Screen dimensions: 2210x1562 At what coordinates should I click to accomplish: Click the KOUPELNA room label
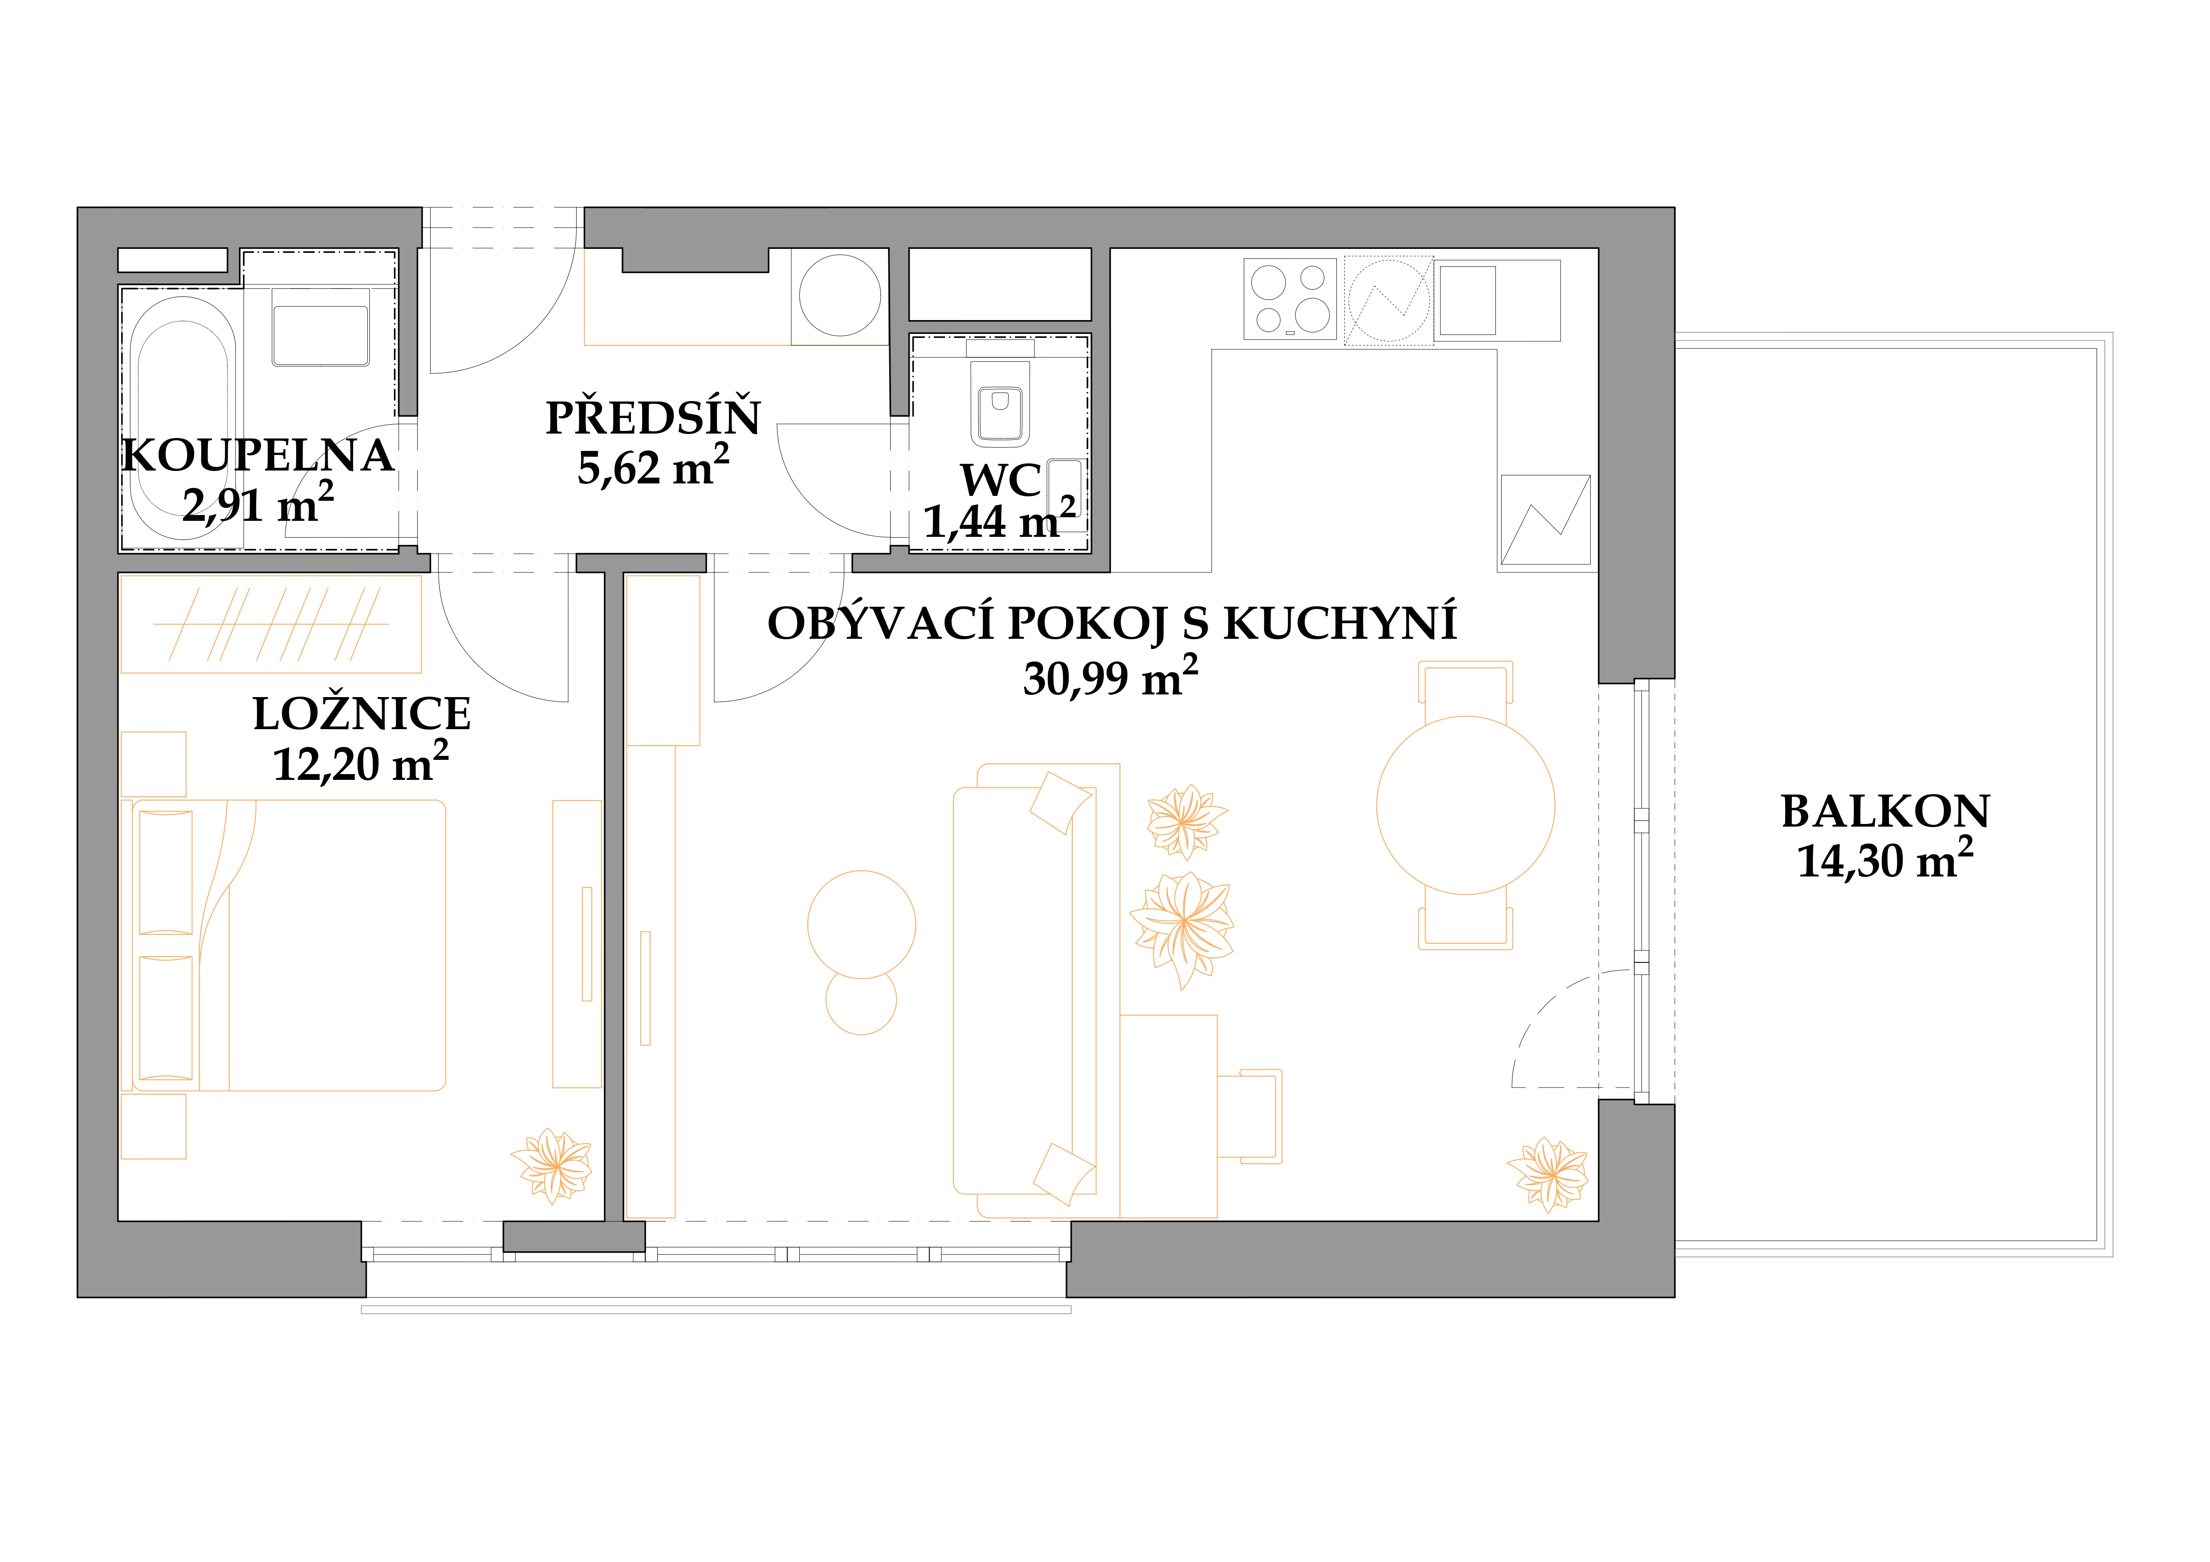(258, 455)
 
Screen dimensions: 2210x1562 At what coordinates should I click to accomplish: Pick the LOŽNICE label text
(362, 713)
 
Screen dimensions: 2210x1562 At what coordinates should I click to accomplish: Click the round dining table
(1465, 806)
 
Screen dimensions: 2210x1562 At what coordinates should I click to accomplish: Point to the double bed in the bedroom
(289, 945)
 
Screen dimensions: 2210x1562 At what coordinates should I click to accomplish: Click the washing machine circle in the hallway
(840, 296)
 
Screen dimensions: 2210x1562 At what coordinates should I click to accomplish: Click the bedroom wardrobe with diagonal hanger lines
(270, 624)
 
